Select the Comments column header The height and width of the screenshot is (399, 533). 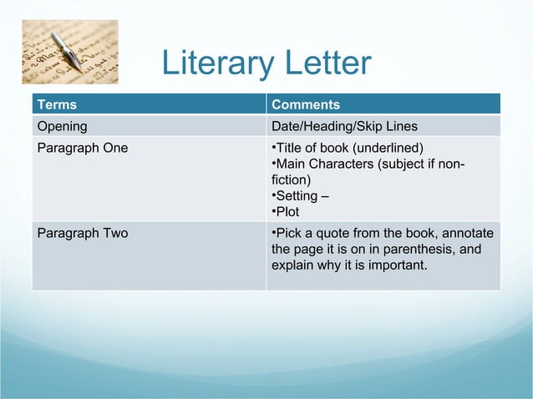tap(306, 104)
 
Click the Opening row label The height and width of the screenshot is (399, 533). tap(62, 127)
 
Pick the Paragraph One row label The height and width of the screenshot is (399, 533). tap(83, 149)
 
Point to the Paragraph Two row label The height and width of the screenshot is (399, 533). tap(83, 233)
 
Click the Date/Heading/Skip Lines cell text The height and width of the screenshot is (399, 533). tap(344, 127)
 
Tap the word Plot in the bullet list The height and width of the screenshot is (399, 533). tap(287, 211)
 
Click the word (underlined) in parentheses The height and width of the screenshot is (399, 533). tap(395, 149)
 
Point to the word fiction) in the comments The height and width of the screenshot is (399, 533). tap(291, 179)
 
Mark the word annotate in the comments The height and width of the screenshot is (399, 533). tap(469, 233)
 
